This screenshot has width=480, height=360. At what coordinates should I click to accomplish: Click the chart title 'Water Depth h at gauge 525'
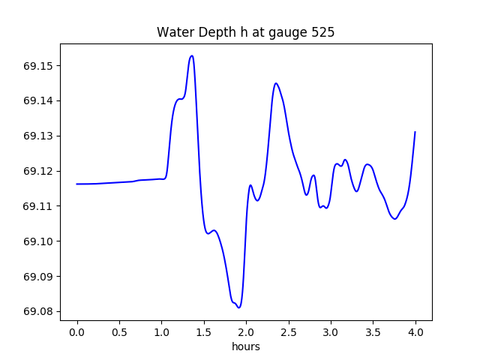(x=245, y=33)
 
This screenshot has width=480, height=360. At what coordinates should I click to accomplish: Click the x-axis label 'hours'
(x=245, y=346)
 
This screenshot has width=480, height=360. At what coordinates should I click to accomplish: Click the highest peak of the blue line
(x=192, y=55)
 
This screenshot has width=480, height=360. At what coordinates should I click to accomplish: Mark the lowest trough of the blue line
(x=238, y=307)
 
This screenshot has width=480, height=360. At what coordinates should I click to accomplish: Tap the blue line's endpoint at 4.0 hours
(x=415, y=132)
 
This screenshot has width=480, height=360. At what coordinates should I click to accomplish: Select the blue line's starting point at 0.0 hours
(x=76, y=184)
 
